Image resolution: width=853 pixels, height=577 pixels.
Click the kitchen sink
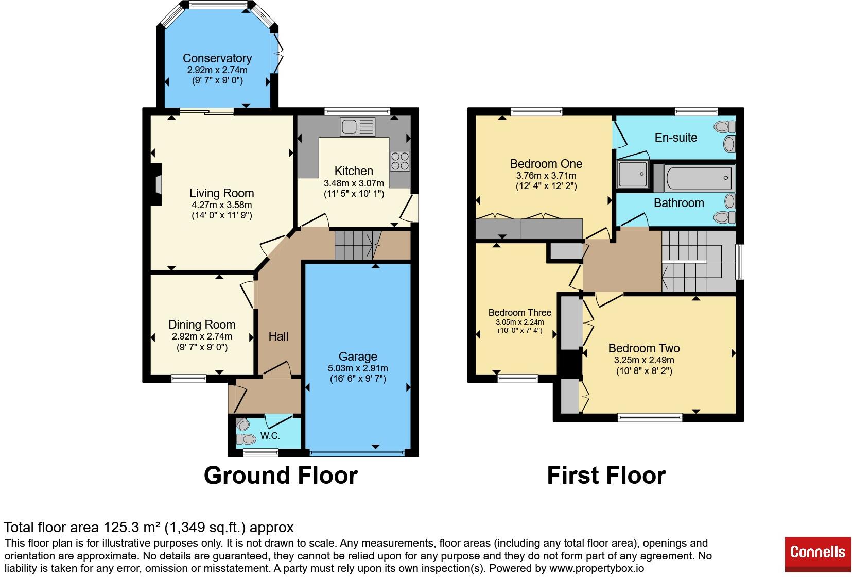(358, 127)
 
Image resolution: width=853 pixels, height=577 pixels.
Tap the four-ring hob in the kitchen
(400, 161)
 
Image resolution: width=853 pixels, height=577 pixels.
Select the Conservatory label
(217, 58)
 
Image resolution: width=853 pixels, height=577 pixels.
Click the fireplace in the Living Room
(156, 185)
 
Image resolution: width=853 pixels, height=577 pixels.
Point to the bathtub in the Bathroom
(700, 178)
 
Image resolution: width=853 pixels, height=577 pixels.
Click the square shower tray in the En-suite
(633, 174)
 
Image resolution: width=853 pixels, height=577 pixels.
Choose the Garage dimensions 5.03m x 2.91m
(358, 368)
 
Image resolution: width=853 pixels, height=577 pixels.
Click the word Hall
(278, 336)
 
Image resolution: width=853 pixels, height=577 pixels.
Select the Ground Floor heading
(281, 475)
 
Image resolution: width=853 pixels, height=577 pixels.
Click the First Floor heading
(606, 475)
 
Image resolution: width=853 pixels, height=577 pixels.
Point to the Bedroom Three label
(520, 313)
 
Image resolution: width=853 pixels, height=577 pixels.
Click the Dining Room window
(188, 379)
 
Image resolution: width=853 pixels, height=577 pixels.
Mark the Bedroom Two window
(650, 418)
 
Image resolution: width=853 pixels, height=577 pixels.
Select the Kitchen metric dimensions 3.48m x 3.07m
(354, 183)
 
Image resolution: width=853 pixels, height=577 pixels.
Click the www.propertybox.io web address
(597, 568)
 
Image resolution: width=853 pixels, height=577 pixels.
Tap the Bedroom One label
(546, 163)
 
